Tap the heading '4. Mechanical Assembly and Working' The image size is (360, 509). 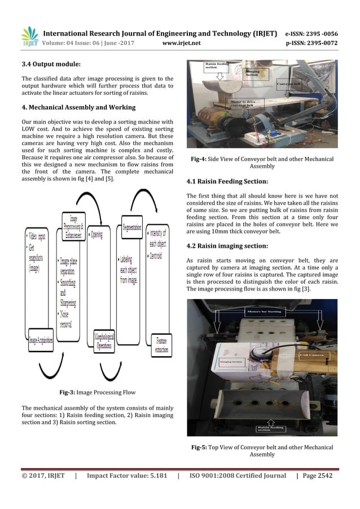click(x=78, y=107)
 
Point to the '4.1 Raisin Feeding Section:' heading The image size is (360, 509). click(x=227, y=182)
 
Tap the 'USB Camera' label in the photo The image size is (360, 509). click(x=312, y=355)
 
